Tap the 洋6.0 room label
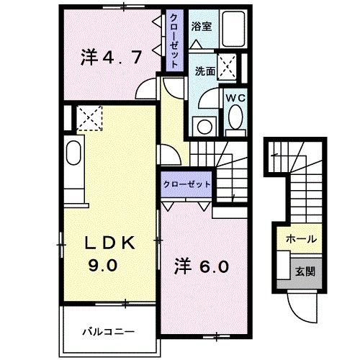click(202, 267)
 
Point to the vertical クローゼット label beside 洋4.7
click(174, 41)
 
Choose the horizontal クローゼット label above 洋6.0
click(186, 184)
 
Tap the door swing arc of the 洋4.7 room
click(150, 90)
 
